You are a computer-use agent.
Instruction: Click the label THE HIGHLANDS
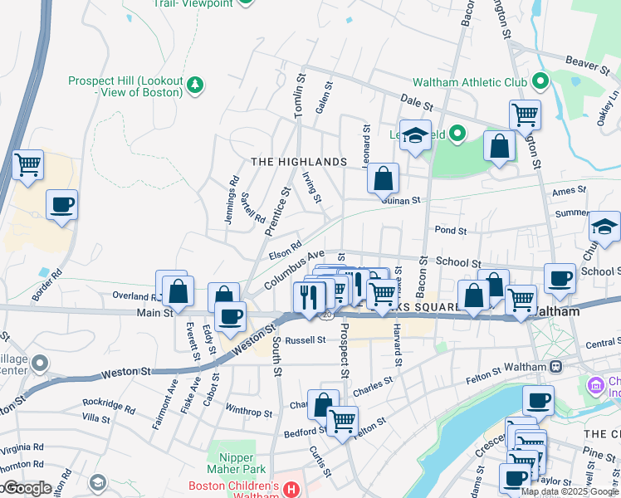(x=298, y=161)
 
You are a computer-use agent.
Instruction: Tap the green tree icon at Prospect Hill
(x=195, y=83)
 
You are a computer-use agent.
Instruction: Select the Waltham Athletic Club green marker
(x=540, y=82)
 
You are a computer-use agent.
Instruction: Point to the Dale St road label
(x=418, y=105)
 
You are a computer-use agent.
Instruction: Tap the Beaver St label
(x=588, y=61)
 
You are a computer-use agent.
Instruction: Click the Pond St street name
(x=451, y=230)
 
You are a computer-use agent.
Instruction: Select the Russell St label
(x=305, y=340)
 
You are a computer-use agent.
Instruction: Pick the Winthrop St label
(x=248, y=412)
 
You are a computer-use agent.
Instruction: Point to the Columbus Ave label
(x=294, y=270)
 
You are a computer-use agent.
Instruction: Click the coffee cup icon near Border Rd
(x=61, y=204)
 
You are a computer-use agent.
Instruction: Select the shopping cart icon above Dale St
(x=524, y=114)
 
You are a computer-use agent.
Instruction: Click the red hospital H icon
(x=291, y=490)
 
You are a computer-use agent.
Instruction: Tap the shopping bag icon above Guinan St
(x=383, y=177)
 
